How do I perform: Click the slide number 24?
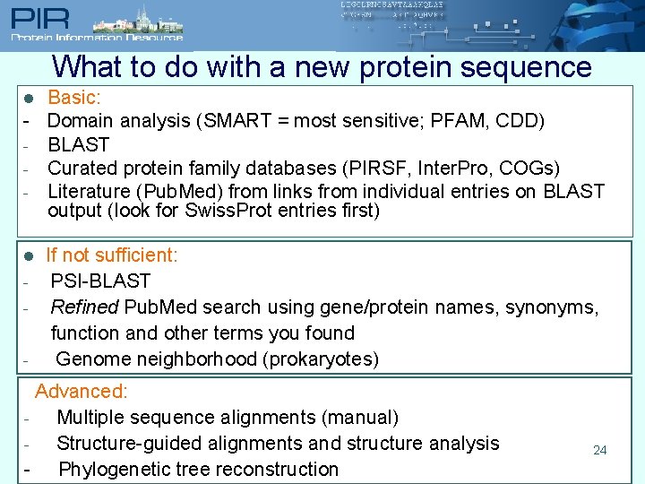pos(600,450)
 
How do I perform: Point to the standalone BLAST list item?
pos(79,144)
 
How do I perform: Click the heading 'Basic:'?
pos(74,97)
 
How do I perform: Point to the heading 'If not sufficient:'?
pos(112,255)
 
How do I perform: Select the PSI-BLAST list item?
pos(100,281)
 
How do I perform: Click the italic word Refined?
pos(84,307)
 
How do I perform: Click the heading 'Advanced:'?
pos(82,392)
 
